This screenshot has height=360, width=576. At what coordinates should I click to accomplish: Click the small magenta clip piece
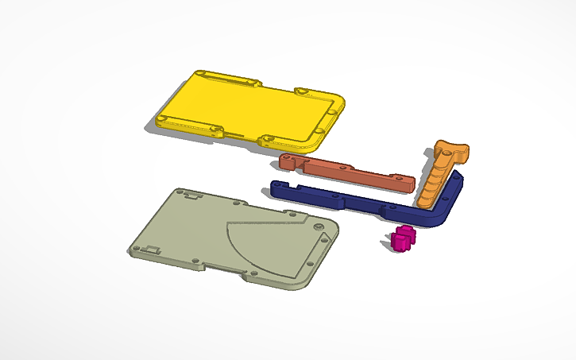[404, 238]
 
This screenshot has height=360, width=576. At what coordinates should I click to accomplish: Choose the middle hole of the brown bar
[343, 168]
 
